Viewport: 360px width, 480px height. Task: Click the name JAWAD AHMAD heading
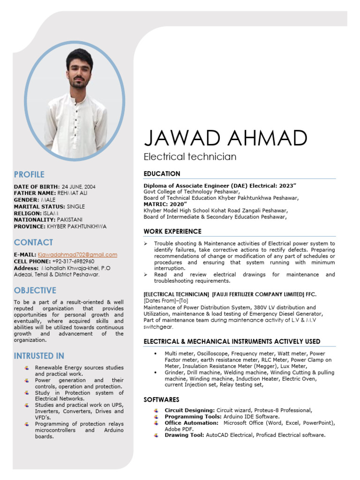225,138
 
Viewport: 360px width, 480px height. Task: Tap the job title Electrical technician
190,157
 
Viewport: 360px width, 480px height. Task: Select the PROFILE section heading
29,175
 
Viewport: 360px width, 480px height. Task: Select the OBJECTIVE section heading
35,291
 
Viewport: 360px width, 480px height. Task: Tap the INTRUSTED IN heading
39,356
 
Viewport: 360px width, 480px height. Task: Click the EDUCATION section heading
162,173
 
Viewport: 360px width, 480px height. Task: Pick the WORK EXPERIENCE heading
172,232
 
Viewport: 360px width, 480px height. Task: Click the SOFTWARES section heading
161,400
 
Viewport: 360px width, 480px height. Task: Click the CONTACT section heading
33,242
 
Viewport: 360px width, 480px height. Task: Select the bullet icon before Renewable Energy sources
27,368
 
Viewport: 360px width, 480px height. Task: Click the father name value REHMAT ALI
72,193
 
